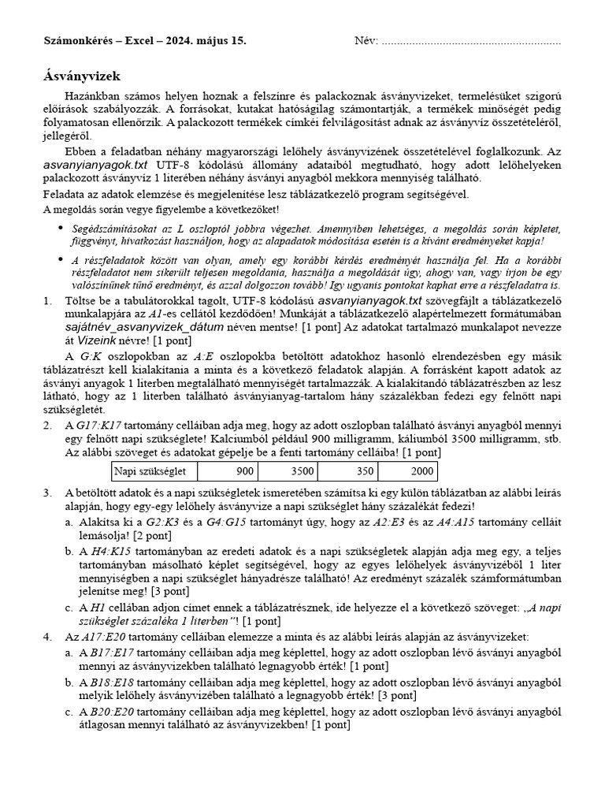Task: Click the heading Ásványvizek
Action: (81, 76)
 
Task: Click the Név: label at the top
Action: (366, 41)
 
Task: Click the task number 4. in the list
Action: (48, 635)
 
